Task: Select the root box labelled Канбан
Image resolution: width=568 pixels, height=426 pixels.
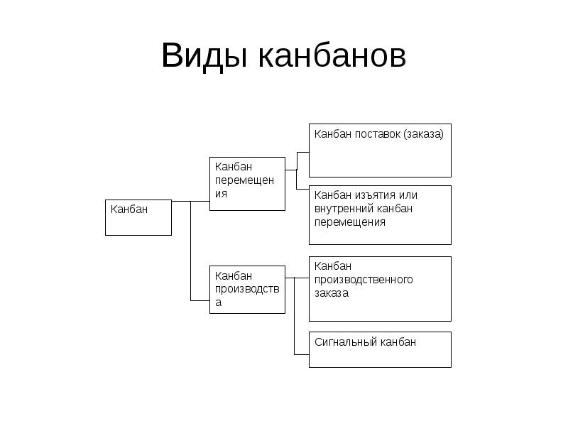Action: tap(138, 217)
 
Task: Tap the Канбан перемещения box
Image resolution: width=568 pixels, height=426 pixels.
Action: tap(247, 183)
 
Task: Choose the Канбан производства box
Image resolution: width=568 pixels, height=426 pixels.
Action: tap(247, 289)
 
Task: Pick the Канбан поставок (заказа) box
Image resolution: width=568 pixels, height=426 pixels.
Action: tap(380, 151)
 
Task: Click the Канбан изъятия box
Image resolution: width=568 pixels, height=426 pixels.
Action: tap(380, 214)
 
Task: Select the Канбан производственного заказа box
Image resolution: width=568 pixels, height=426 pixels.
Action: tap(380, 288)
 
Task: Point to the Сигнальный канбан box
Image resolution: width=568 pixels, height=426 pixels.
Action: tap(380, 349)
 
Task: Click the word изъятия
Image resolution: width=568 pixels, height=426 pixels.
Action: tap(374, 195)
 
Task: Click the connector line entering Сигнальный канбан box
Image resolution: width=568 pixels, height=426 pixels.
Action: tap(302, 353)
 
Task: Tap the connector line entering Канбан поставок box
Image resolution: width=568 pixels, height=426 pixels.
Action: tap(303, 152)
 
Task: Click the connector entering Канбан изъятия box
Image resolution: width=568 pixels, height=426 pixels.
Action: tap(303, 188)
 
